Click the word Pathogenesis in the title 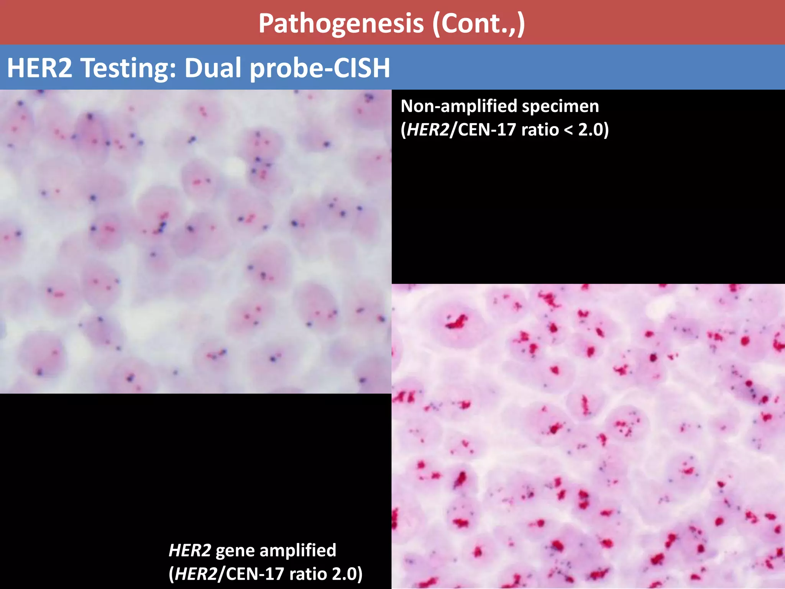341,24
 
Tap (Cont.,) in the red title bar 479,24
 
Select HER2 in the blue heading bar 39,68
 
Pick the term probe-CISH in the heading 320,68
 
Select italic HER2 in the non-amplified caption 428,130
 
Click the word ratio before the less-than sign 540,130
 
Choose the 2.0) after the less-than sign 593,130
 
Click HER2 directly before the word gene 190,550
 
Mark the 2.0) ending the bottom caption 347,574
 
